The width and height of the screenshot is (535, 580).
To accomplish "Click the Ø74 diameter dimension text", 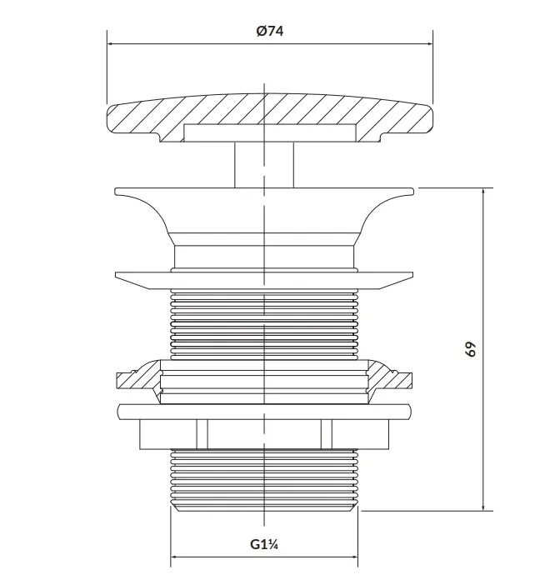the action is pos(270,31).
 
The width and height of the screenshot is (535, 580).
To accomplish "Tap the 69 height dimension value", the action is pos(470,349).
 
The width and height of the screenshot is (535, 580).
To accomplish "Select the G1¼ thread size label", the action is pos(264,544).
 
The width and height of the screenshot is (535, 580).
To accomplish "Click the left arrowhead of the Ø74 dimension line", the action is pos(110,43).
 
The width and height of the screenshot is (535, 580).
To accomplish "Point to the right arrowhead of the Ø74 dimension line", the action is pos(430,43).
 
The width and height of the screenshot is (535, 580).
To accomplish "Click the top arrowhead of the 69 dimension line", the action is pos(483,191).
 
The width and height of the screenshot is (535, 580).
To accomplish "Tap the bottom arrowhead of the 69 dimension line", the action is pos(483,507).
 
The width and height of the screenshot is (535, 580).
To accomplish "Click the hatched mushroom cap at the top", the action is pos(270,111).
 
